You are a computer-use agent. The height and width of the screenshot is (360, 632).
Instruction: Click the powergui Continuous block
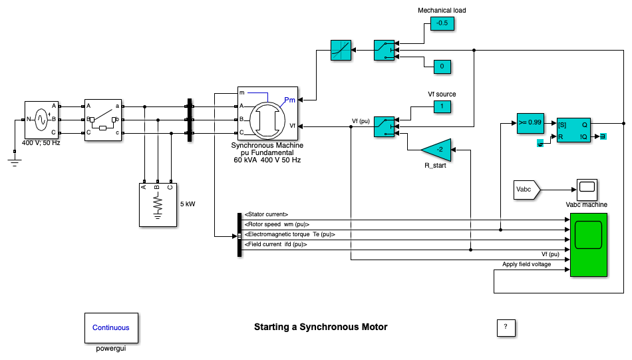111,327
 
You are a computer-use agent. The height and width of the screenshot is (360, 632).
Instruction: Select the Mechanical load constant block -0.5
441,24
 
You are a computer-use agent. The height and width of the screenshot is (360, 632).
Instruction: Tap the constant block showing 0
442,67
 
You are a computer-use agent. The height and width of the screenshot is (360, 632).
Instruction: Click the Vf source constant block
442,106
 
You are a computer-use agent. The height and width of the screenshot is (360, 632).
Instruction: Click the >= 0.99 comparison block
530,123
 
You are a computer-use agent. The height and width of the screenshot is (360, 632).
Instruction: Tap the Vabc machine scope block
586,190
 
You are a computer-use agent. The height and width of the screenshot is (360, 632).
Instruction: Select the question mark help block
506,327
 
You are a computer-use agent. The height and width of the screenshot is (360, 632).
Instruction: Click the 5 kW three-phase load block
157,204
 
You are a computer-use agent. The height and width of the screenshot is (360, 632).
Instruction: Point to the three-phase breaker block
102,120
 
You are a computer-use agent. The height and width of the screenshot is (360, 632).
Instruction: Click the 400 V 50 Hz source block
42,120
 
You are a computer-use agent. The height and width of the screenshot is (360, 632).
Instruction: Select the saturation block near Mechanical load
341,50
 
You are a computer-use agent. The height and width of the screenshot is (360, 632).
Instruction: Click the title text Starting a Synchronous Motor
320,327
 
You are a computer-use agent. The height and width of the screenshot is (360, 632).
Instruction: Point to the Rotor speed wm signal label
277,224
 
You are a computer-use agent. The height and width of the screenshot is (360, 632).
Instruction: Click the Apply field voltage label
526,264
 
